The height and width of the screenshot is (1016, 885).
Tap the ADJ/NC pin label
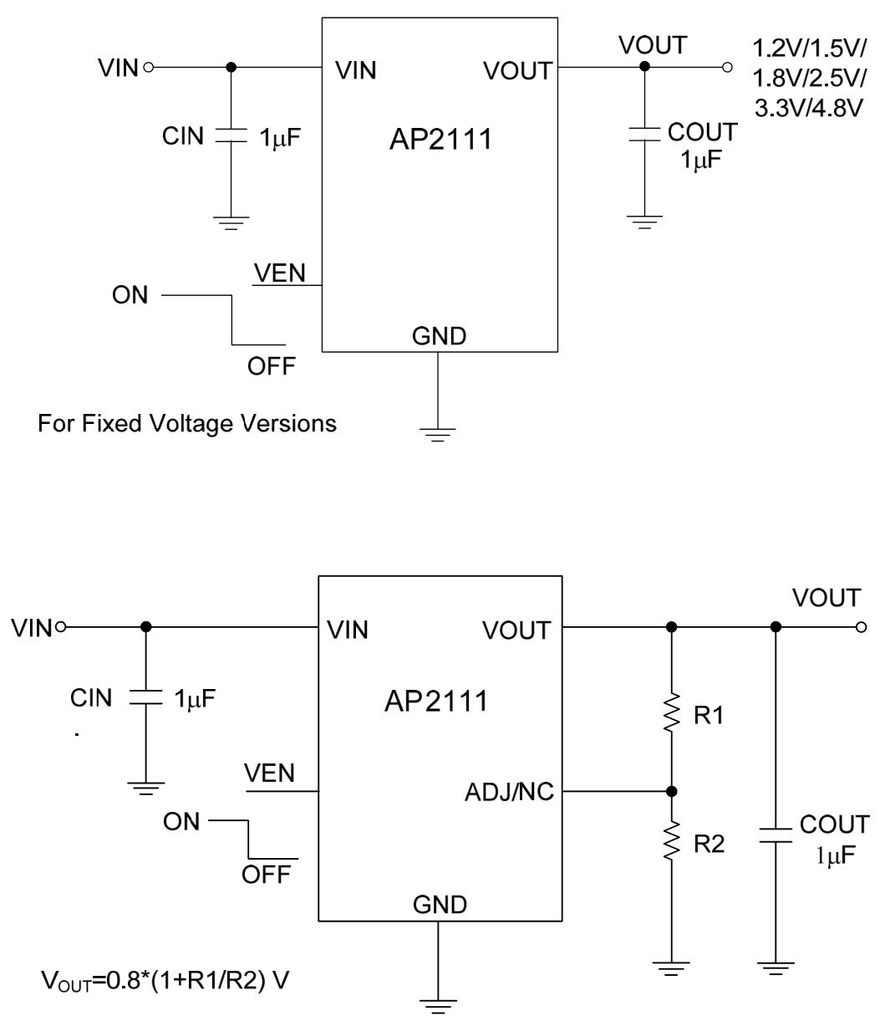(509, 791)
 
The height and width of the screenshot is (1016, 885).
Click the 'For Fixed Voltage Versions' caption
(187, 424)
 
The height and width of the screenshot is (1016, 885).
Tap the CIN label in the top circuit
(183, 136)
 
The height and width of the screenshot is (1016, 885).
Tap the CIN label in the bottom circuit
(91, 698)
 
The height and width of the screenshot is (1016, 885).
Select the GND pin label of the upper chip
(439, 337)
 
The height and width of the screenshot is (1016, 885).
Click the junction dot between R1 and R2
(670, 791)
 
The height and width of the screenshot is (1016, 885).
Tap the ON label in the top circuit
(130, 296)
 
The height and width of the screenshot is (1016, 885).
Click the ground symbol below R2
(670, 967)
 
